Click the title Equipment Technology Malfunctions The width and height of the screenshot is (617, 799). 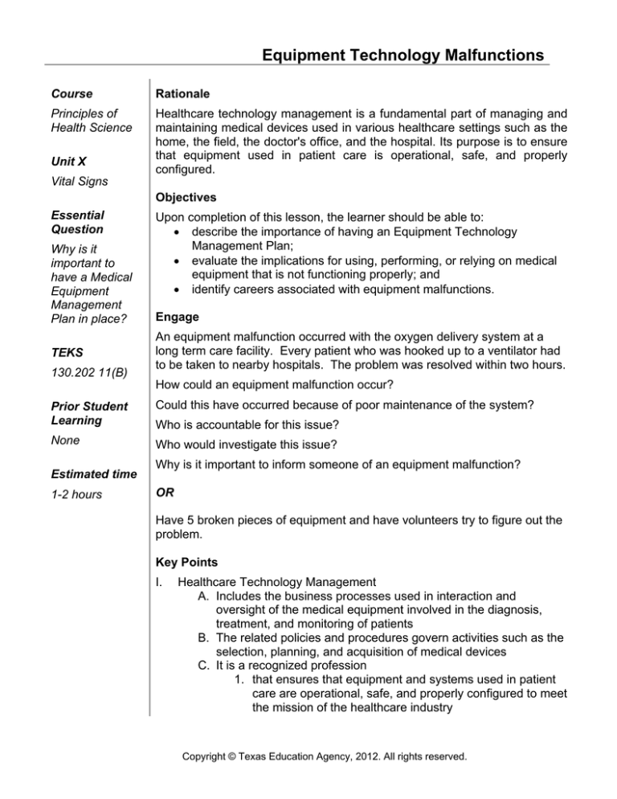click(393, 55)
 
